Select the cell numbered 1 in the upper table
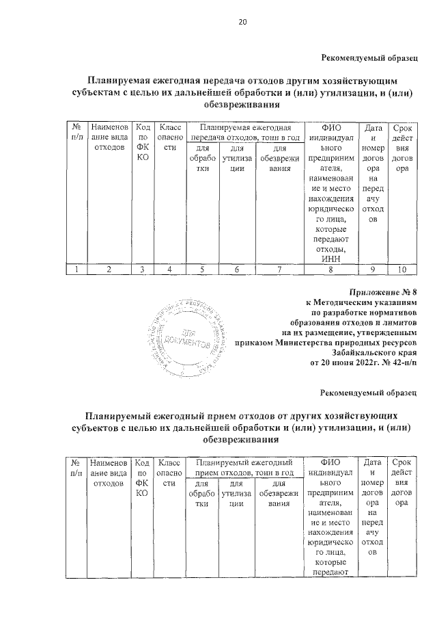pyautogui.click(x=76, y=269)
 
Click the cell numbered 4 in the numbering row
pyautogui.click(x=167, y=269)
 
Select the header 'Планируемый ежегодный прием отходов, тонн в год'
pyautogui.click(x=244, y=468)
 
